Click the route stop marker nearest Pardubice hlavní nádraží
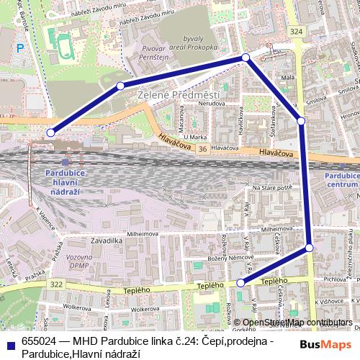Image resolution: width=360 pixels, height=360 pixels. pos(50,132)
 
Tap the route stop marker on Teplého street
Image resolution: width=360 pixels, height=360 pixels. pos(240,283)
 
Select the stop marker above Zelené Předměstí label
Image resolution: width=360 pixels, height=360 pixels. pos(120,86)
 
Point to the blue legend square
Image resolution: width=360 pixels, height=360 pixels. pos(11,341)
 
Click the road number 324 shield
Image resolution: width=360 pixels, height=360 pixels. pos(296,32)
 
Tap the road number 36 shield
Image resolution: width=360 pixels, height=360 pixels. pos(202,148)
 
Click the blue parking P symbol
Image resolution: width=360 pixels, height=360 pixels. pos(20,48)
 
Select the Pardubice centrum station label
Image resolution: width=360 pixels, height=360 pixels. pos(343,179)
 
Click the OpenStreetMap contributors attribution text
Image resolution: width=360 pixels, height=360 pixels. pos(297,323)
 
